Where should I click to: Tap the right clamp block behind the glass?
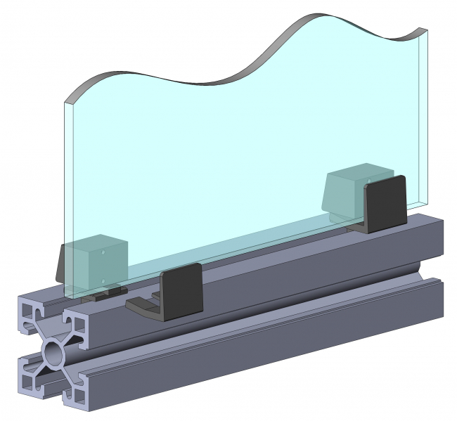(x=355, y=190)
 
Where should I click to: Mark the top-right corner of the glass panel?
(x=427, y=29)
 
